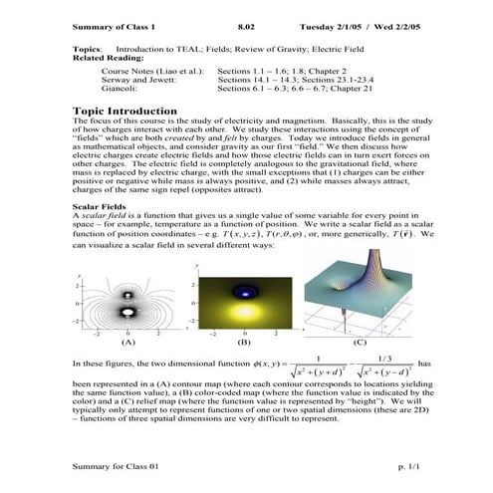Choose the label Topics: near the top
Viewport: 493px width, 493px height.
[87, 48]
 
